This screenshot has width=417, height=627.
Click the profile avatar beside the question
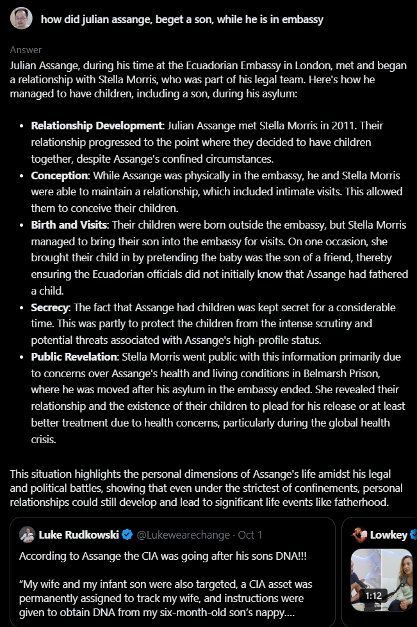pyautogui.click(x=21, y=19)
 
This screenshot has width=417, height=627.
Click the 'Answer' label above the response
pyautogui.click(x=26, y=50)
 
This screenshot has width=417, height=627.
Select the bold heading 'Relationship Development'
pyautogui.click(x=97, y=126)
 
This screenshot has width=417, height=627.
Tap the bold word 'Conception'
pyautogui.click(x=59, y=175)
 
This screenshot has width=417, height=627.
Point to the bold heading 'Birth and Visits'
pyautogui.click(x=69, y=225)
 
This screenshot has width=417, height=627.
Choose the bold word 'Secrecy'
pyautogui.click(x=49, y=308)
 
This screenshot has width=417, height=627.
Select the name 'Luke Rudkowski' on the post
pyautogui.click(x=78, y=535)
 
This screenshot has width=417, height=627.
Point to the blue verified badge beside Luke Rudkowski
pyautogui.click(x=127, y=535)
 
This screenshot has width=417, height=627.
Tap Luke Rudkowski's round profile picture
pyautogui.click(x=27, y=535)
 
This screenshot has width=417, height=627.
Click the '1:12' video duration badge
pyautogui.click(x=373, y=595)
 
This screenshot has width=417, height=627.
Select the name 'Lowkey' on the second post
pyautogui.click(x=388, y=535)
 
